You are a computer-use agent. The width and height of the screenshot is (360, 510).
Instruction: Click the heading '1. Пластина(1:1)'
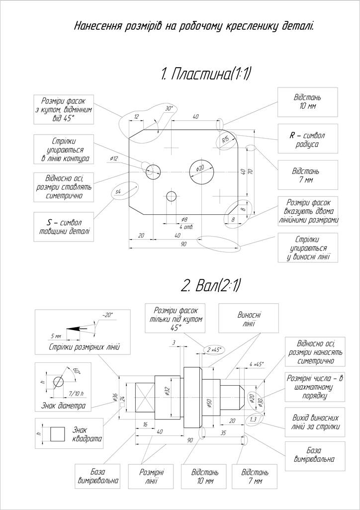coord(206,75)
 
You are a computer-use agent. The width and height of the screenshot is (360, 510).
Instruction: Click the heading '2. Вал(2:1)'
coord(211,285)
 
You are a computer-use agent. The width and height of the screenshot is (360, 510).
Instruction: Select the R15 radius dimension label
coord(225,140)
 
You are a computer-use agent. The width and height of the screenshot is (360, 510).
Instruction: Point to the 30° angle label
coord(169,108)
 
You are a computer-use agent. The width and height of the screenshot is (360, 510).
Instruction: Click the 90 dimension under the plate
coord(183,245)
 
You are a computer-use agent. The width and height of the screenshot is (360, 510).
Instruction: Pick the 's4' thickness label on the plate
coord(118,191)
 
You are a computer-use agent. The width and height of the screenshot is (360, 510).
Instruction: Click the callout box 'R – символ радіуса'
coord(307,140)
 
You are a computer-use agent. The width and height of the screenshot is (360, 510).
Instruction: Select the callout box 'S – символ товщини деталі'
coord(64,227)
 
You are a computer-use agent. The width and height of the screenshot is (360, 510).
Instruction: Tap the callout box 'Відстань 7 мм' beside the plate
coord(307,175)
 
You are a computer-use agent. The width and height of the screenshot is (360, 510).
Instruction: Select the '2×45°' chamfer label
coord(214,349)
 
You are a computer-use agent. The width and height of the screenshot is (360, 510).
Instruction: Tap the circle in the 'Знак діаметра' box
coord(58,381)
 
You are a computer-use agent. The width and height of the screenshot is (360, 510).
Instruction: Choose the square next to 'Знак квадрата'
coord(58,433)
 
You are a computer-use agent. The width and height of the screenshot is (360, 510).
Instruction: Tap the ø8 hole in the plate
coord(172,196)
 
